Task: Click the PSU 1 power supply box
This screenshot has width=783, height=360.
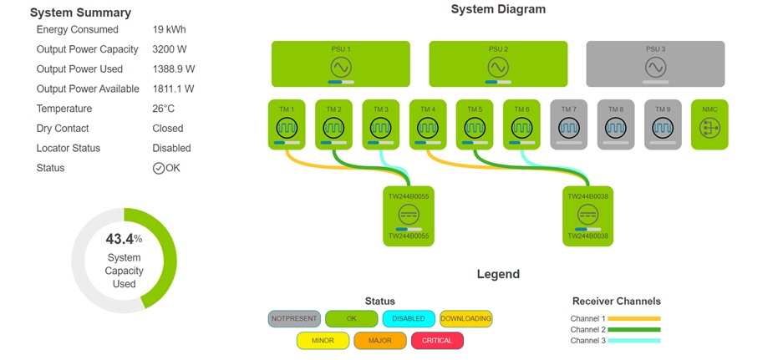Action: pyautogui.click(x=340, y=64)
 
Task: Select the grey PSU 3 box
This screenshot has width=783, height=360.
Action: pyautogui.click(x=655, y=64)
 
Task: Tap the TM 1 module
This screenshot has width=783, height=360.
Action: pyautogui.click(x=287, y=124)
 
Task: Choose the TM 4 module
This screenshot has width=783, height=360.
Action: pyautogui.click(x=428, y=124)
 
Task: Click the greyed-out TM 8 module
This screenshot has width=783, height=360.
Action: pyautogui.click(x=615, y=124)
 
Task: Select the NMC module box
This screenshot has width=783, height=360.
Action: pyautogui.click(x=709, y=124)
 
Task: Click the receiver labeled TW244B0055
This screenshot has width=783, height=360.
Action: pyautogui.click(x=409, y=215)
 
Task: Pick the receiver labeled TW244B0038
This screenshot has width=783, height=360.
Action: pyautogui.click(x=587, y=215)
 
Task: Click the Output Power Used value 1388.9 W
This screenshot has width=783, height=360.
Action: pyautogui.click(x=174, y=69)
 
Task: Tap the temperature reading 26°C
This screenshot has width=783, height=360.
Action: pyautogui.click(x=164, y=109)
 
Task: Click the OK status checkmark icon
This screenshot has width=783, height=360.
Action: pyautogui.click(x=159, y=168)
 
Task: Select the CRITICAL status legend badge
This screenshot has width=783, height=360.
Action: pyautogui.click(x=437, y=341)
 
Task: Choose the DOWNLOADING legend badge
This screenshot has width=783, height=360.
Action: pyautogui.click(x=465, y=318)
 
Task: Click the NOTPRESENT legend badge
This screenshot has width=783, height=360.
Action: pyautogui.click(x=294, y=318)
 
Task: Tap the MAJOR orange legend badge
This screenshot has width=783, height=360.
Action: pyautogui.click(x=379, y=341)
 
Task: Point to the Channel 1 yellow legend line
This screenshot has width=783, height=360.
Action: pyautogui.click(x=633, y=319)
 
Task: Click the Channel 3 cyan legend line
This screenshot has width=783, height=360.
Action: pyautogui.click(x=633, y=341)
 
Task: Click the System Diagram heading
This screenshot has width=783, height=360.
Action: pyautogui.click(x=498, y=9)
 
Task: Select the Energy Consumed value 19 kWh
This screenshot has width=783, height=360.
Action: pyautogui.click(x=170, y=30)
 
